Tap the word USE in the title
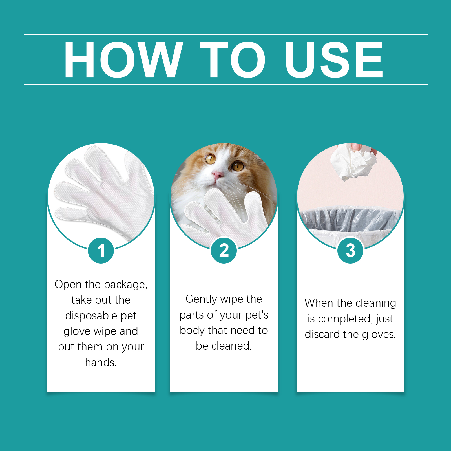coord(334,60)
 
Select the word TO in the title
coord(233,60)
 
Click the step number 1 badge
coord(101,251)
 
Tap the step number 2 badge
coord(224,251)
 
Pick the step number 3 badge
coord(350,251)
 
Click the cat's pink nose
coord(217,175)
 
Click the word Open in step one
coord(68,285)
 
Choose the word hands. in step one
coord(101,362)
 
